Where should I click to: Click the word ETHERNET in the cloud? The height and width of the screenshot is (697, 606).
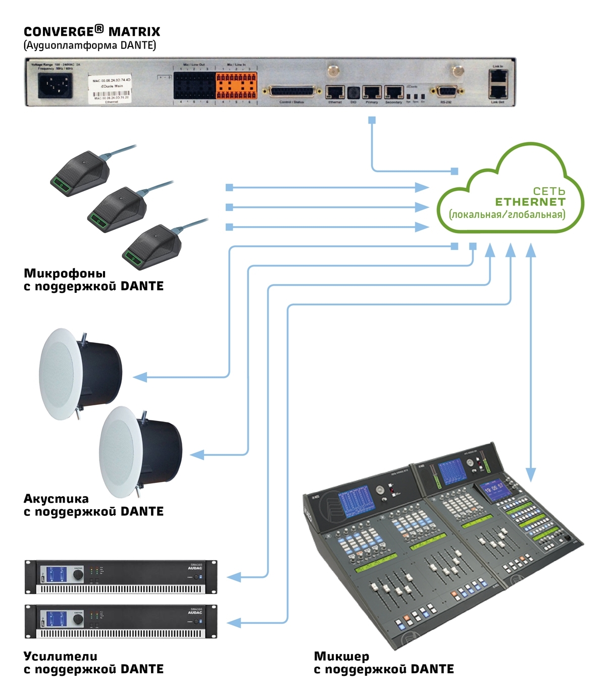click(530, 202)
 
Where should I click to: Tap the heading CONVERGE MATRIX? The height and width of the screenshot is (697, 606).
click(92, 31)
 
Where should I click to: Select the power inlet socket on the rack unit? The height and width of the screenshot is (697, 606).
click(55, 86)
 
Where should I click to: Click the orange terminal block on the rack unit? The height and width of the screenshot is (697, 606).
click(236, 85)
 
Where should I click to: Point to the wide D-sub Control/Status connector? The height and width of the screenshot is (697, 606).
click(295, 92)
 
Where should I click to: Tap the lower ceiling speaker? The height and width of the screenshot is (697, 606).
click(140, 452)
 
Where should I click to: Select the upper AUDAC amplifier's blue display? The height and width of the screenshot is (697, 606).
click(57, 575)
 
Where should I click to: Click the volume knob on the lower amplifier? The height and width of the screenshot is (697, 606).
click(78, 619)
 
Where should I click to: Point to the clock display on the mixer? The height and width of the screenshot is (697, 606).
click(493, 488)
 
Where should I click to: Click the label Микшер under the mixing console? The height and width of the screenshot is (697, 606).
click(341, 656)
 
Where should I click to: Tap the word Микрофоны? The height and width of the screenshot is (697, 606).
click(65, 273)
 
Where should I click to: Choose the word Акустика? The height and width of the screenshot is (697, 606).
click(56, 499)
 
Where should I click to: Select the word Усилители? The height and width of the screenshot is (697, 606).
click(60, 656)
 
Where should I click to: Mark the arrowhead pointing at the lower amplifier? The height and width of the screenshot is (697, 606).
click(234, 623)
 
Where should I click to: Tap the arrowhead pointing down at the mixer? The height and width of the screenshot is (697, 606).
click(531, 474)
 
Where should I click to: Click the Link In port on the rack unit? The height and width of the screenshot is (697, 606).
click(498, 76)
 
